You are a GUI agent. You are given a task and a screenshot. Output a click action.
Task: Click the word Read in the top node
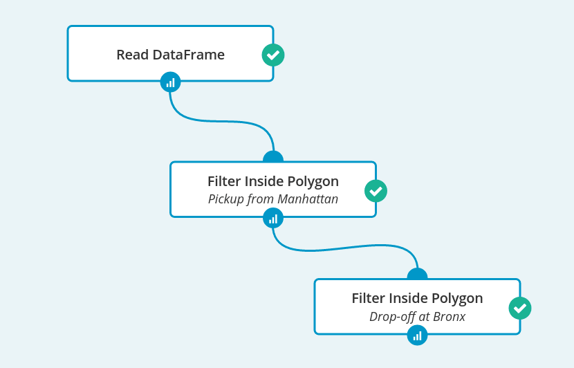click(x=131, y=55)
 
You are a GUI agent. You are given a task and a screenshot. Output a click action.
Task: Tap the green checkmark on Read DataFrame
click(x=273, y=55)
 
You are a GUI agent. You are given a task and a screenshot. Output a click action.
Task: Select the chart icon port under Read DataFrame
click(x=170, y=82)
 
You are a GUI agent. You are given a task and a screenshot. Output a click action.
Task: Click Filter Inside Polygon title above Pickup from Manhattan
click(x=273, y=181)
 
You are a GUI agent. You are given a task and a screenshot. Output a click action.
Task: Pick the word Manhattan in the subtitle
click(x=308, y=199)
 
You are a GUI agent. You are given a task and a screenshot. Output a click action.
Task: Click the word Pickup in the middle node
click(x=225, y=199)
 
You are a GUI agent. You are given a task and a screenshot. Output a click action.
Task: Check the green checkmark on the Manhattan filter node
click(x=376, y=190)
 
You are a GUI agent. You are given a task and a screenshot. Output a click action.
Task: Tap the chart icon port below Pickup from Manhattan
click(x=273, y=219)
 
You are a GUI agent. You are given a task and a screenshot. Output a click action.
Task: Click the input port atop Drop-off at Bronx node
click(x=417, y=274)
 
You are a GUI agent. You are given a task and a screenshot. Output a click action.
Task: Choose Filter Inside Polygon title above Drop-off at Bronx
click(x=417, y=299)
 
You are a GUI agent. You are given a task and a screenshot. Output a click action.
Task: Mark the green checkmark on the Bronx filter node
click(x=519, y=308)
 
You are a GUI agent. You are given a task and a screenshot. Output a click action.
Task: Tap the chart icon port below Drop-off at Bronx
click(x=417, y=336)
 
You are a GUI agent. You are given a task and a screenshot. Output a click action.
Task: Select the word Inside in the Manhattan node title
click(x=270, y=181)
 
